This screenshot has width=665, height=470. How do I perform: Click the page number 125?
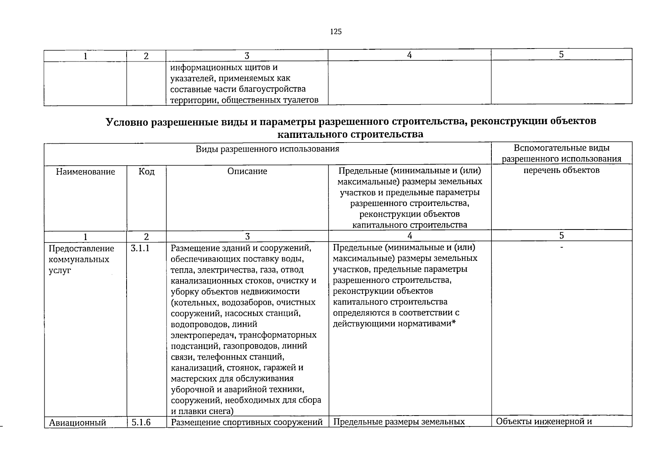tap(336, 32)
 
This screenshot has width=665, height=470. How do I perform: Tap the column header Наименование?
tap(85, 172)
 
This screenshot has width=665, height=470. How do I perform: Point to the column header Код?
tap(146, 172)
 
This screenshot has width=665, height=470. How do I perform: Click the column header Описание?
tap(247, 171)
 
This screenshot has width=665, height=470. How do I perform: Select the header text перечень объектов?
tap(561, 170)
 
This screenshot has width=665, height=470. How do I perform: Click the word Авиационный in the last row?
tap(78, 422)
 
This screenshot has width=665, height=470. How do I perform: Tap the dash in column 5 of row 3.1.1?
tap(562, 247)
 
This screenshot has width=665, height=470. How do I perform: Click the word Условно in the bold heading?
tap(127, 122)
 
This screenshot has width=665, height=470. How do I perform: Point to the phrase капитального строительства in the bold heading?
tap(350, 134)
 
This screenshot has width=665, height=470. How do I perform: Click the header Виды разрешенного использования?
tap(267, 149)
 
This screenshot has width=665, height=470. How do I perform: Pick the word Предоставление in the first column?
tap(82, 249)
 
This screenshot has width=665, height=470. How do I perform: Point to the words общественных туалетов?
tap(270, 100)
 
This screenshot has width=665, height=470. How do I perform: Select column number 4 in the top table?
tap(409, 55)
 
